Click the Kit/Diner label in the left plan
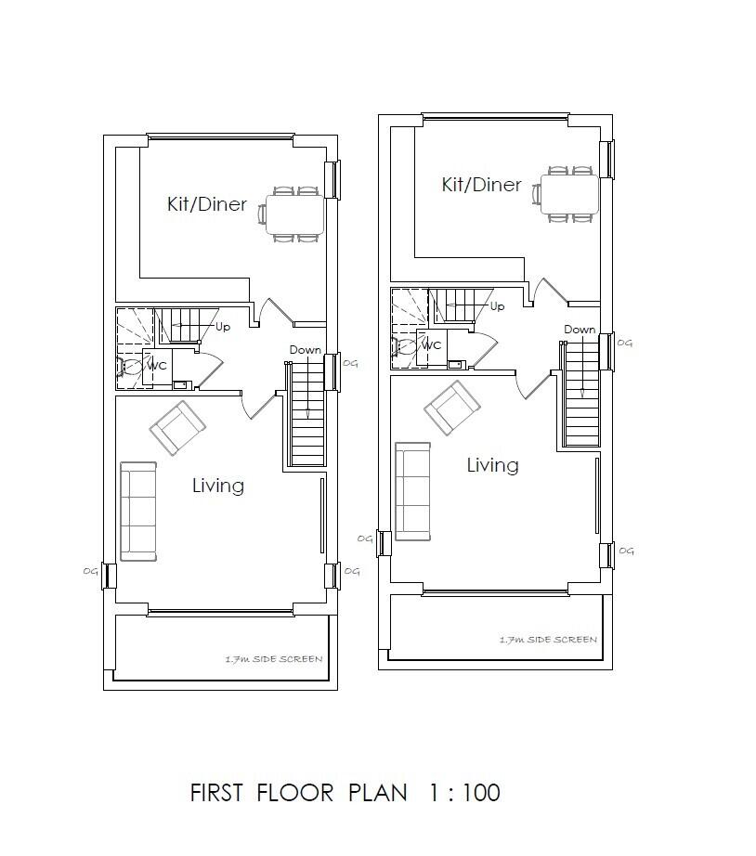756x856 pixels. (207, 204)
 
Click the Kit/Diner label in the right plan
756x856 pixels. (482, 185)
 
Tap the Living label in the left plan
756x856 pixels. (218, 486)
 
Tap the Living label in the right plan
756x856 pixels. (493, 465)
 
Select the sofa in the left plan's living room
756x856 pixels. (138, 512)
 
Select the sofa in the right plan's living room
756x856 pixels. (413, 491)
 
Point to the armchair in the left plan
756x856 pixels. (178, 429)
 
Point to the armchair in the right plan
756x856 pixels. (452, 408)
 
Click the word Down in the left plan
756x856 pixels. (306, 350)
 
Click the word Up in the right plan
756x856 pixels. (497, 306)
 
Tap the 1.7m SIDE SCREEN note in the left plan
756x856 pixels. (274, 659)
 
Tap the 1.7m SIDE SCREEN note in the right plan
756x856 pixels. (549, 640)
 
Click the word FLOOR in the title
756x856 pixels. (295, 793)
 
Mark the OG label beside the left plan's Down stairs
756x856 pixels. (351, 363)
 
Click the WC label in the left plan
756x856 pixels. (157, 366)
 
